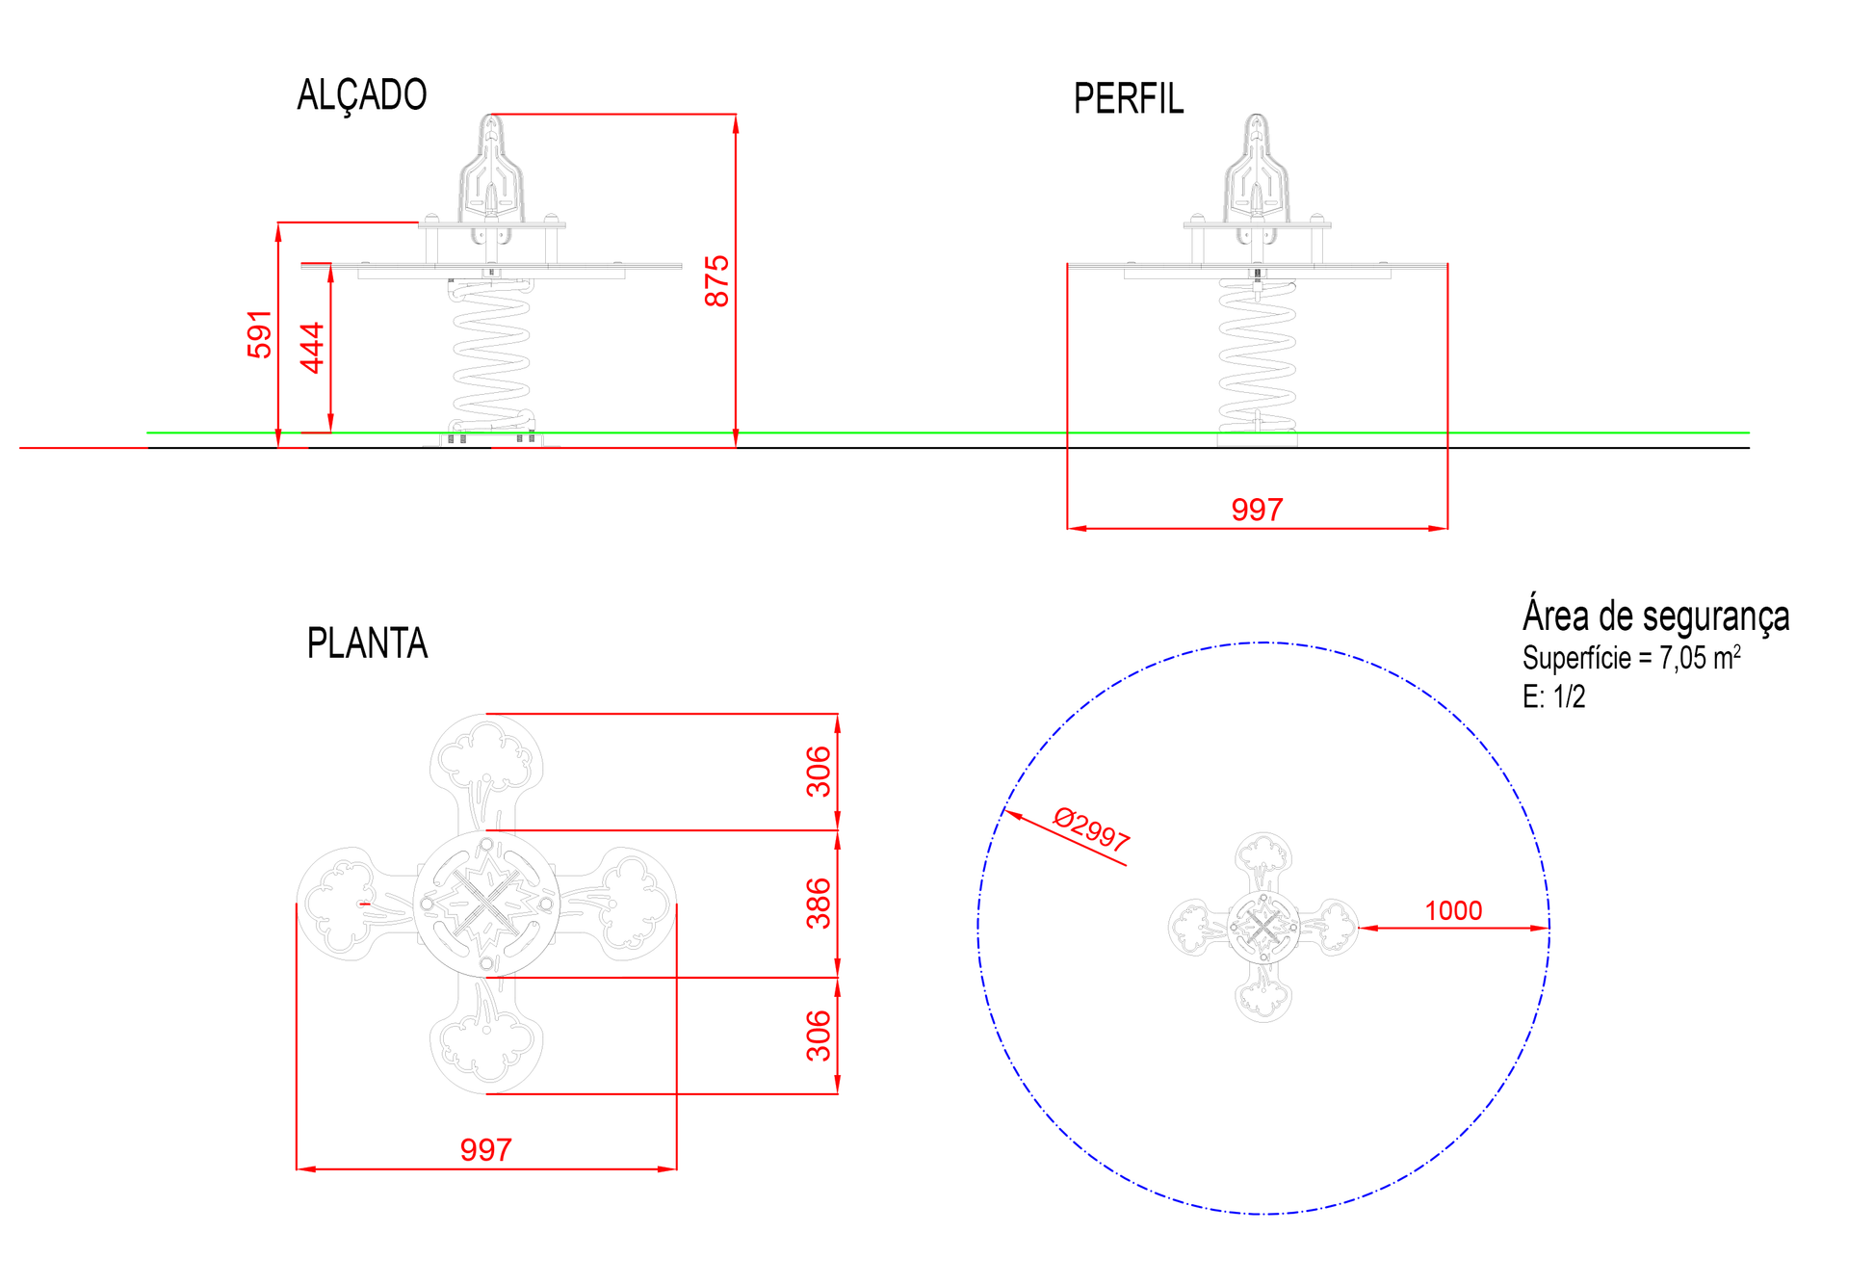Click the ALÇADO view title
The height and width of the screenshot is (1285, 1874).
point(361,95)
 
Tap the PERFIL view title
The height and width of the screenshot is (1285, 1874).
point(1129,99)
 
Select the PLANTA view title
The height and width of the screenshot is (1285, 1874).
point(367,643)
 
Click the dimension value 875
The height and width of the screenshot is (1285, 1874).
point(717,281)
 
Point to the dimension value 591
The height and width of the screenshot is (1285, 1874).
point(260,334)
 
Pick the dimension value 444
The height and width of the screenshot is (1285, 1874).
point(312,348)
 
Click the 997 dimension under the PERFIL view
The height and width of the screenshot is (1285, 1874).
point(1257,510)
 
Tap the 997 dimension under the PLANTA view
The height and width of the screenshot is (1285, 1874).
point(485,1149)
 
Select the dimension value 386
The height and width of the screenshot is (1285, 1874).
point(819,903)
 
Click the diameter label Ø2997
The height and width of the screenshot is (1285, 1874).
point(1091,829)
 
